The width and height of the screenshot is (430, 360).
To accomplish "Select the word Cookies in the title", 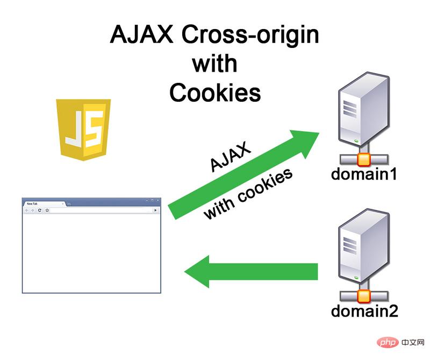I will pos(215,93).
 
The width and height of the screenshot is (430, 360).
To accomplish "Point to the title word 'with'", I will pos(214,64).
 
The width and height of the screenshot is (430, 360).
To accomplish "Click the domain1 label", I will pos(364,174).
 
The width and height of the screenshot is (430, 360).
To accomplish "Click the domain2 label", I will pos(364,311).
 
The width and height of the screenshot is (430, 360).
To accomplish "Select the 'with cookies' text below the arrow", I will pos(248,194).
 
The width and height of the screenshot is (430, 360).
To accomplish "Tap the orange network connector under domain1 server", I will pos(364,159).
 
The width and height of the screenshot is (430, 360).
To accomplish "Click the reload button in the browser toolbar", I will pos(39,210).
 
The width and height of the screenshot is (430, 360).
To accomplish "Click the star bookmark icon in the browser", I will pos(47,210).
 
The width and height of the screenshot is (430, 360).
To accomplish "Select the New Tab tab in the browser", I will pos(42,204).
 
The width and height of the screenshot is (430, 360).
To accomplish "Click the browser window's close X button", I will pos(157,200).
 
